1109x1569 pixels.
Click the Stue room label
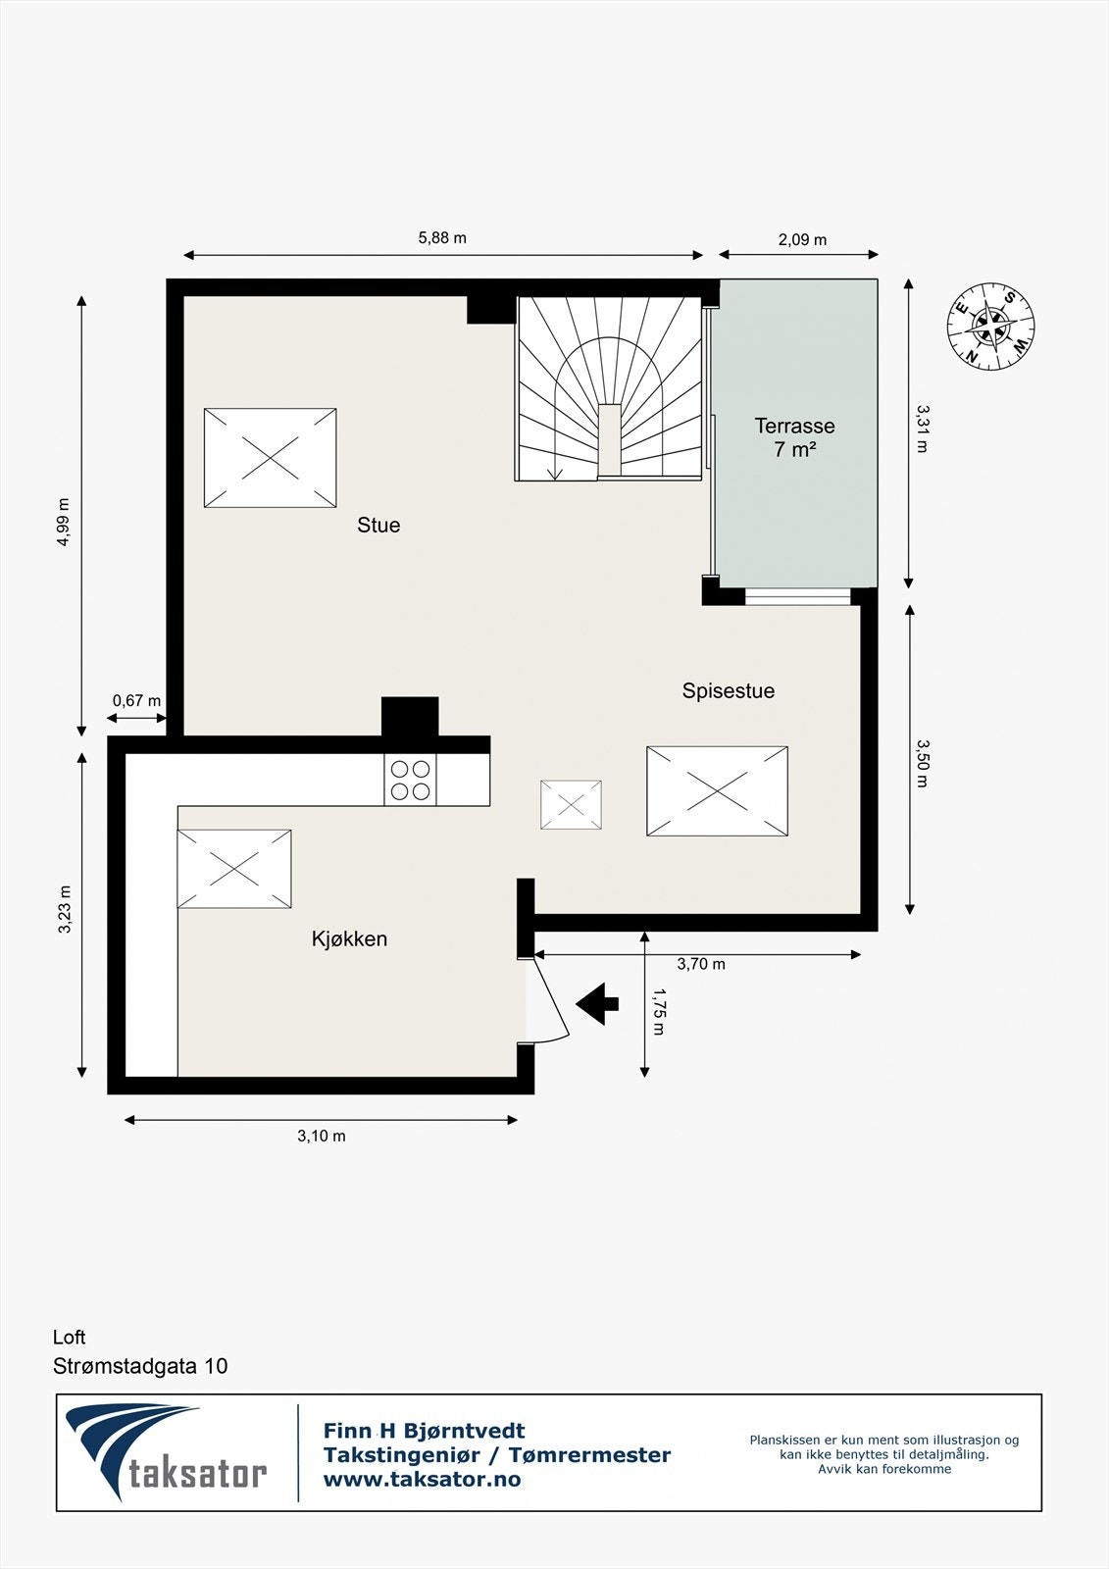point(378,526)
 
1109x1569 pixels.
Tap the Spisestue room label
point(728,691)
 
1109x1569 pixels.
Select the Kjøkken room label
point(349,939)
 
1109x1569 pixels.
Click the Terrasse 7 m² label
point(794,437)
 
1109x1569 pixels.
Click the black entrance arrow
point(597,1003)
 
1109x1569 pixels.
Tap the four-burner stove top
point(410,781)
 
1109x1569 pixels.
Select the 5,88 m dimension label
point(442,238)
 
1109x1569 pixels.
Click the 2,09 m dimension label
point(802,240)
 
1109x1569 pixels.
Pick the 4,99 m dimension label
point(65,522)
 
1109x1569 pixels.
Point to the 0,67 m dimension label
point(136,701)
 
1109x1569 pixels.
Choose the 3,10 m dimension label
point(322,1137)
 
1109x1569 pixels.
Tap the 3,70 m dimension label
point(701,965)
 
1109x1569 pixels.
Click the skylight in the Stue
point(270,458)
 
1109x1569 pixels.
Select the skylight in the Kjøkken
point(233,869)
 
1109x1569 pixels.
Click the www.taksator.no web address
point(422,1480)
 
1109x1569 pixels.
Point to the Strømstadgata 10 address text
point(140,1366)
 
